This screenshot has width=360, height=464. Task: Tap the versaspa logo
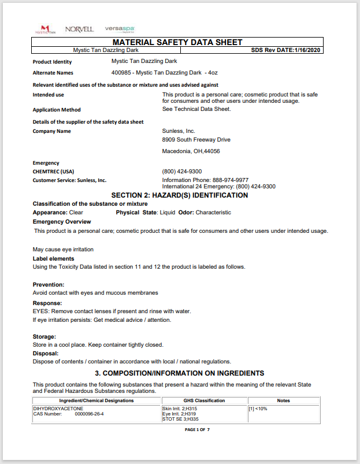(120, 29)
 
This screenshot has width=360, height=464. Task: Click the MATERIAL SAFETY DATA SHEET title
(177, 42)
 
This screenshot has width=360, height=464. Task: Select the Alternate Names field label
(53, 73)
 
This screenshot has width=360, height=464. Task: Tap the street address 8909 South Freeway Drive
(196, 140)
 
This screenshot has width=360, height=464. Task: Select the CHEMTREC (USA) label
(53, 172)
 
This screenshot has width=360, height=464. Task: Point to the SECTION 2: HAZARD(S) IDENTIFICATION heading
(179, 195)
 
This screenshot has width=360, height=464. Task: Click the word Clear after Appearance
(76, 213)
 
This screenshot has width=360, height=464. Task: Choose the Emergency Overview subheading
(62, 222)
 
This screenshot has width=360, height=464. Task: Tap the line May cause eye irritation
(63, 250)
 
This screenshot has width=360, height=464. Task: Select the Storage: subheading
(44, 337)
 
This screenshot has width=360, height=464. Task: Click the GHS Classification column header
(204, 400)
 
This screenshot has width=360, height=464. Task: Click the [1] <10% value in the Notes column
(258, 409)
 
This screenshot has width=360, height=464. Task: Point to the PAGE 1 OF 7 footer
(197, 430)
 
